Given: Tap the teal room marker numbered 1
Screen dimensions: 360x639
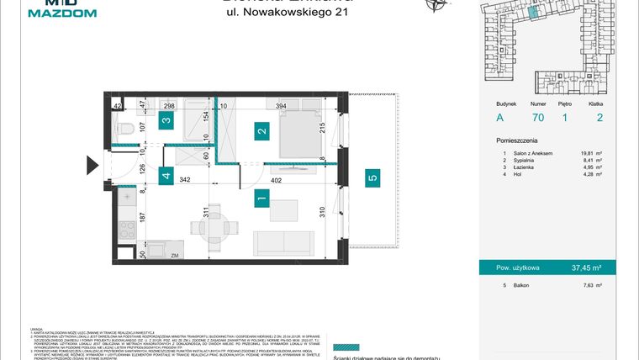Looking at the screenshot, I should [x=262, y=199].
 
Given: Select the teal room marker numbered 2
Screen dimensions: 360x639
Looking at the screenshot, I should [x=262, y=131].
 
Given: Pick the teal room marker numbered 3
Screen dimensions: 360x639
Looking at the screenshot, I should [x=166, y=121].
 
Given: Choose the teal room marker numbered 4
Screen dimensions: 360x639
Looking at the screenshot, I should [x=166, y=177].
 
